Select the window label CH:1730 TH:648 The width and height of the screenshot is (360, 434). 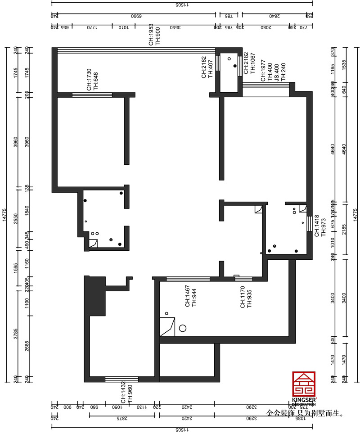(92, 80)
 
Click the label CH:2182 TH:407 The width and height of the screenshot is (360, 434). (207, 68)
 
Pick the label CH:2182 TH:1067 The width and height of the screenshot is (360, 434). (249, 63)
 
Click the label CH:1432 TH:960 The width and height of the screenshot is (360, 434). (126, 393)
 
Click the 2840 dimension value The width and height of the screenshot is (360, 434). (275, 16)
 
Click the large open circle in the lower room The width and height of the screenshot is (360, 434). (183, 328)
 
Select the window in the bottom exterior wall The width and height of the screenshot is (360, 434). (121, 379)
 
